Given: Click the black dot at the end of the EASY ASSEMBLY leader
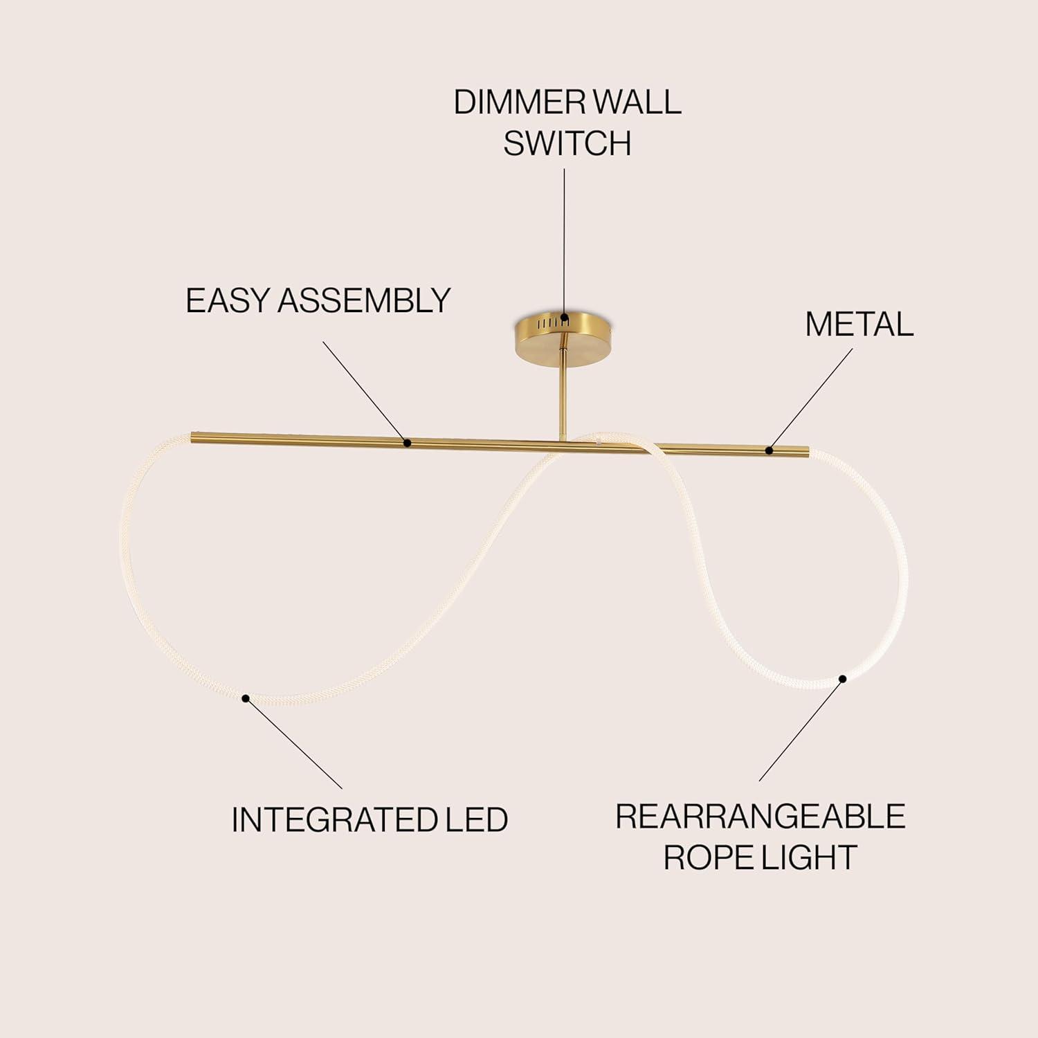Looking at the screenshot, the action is click(x=408, y=442).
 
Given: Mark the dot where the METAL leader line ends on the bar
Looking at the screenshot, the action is click(x=770, y=450).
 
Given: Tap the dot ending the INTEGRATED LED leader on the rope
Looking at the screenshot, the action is click(x=245, y=698).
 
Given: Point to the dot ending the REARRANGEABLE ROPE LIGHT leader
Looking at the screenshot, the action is click(x=843, y=678).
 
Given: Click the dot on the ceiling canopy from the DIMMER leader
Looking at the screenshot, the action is click(x=565, y=320).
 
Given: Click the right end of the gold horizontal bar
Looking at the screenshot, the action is click(x=807, y=452).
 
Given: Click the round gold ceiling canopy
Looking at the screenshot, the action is click(x=567, y=336).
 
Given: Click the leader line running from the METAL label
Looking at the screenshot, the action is click(x=811, y=399).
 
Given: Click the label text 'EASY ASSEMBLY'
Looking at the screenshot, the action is click(x=318, y=300).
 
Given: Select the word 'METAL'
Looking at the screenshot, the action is click(x=859, y=324).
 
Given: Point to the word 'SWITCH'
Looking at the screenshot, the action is click(x=567, y=143).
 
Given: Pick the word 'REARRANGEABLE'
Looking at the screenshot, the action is click(x=761, y=817).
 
